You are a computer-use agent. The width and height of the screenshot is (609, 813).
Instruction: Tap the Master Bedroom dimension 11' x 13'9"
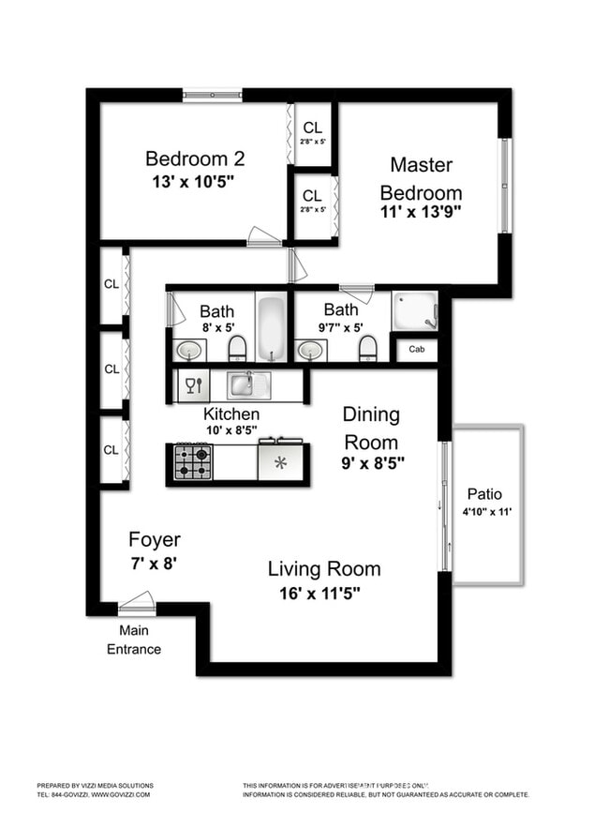421,212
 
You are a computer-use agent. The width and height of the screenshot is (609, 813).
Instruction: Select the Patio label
483,494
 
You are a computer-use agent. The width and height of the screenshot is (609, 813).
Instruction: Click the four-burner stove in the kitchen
194,461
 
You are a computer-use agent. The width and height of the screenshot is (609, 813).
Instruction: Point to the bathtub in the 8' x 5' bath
272,328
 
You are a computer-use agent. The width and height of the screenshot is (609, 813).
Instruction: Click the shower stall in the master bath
414,311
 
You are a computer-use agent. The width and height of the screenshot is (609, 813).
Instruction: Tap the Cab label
416,351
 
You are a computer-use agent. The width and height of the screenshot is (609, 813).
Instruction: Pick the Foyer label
155,540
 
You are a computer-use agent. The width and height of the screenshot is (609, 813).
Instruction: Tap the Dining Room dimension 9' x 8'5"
372,462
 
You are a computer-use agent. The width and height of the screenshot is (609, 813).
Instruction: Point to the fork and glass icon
192,384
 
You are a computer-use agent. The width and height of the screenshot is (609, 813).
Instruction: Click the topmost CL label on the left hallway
111,284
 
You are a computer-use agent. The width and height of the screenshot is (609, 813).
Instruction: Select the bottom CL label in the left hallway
111,449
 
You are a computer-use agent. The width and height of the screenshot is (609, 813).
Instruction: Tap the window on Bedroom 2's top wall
213,94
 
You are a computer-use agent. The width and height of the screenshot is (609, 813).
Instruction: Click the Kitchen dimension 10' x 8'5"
232,430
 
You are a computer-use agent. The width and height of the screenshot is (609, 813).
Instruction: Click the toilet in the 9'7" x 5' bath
368,348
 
